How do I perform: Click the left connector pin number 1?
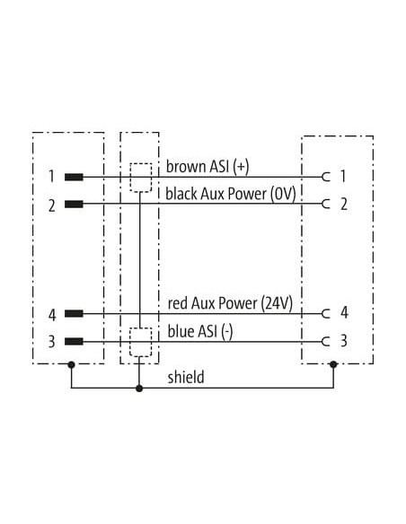(x=51, y=176)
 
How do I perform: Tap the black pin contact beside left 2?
(x=74, y=204)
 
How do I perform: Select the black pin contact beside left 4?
(x=74, y=313)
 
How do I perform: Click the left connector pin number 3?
(x=51, y=342)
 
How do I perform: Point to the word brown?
(x=186, y=166)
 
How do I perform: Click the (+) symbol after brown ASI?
(x=242, y=167)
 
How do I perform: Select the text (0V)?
(x=283, y=194)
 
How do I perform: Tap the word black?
(x=181, y=194)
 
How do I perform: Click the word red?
(x=178, y=304)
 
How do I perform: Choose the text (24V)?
(x=277, y=303)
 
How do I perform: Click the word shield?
(x=186, y=377)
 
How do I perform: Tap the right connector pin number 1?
(x=343, y=176)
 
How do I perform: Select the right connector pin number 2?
(x=344, y=205)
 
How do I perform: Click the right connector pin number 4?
(x=344, y=313)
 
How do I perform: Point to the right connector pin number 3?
(x=344, y=341)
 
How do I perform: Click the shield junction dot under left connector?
(x=71, y=364)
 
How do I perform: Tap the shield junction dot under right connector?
(x=333, y=364)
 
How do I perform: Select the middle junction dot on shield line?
(x=139, y=389)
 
